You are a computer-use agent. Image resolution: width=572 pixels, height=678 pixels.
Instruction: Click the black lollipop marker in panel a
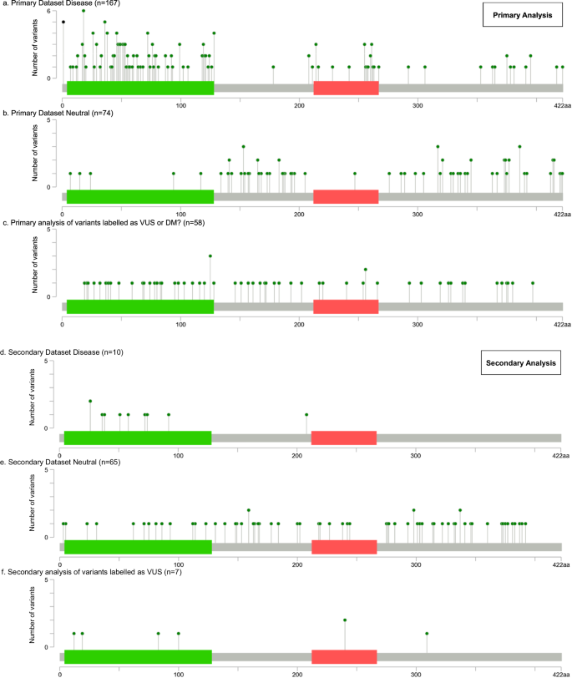coord(63,22)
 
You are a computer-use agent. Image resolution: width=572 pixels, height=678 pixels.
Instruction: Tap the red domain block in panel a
coord(346,88)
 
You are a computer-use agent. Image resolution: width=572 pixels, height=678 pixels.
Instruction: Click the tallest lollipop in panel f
coord(345,620)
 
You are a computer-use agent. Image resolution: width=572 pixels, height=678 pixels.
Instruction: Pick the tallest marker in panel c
coord(210,256)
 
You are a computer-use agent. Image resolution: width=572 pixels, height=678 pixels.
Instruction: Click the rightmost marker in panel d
coord(306,415)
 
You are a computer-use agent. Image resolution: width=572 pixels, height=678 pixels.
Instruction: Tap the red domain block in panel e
coord(344,547)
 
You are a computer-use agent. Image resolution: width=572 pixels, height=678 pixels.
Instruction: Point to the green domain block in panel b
coord(140,197)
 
